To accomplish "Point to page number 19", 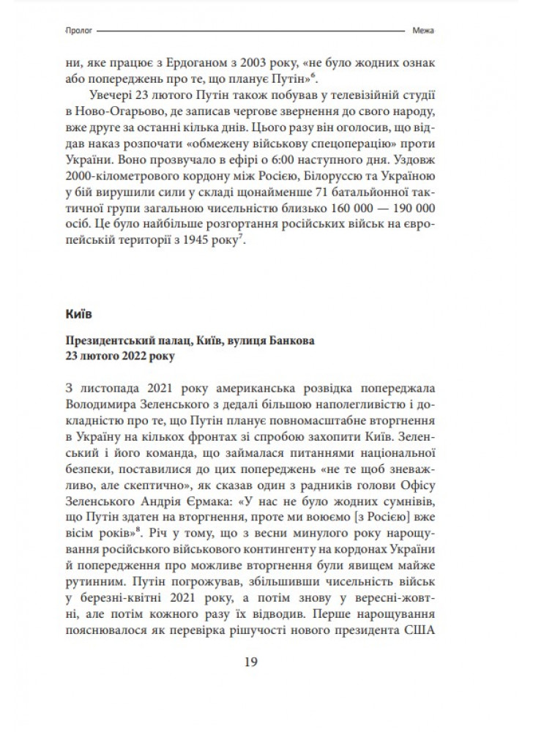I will click(250, 663).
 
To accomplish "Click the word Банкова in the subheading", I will click(294, 342).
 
